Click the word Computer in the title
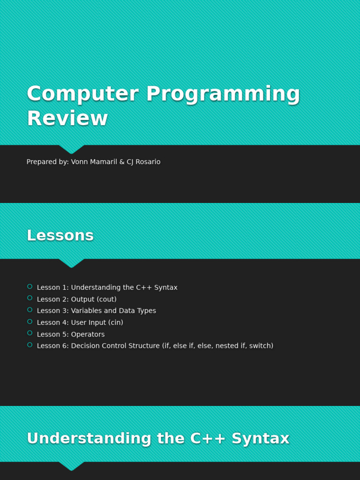[82, 94]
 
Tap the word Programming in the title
[223, 95]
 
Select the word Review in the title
[67, 119]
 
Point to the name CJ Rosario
[143, 162]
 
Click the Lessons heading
[60, 235]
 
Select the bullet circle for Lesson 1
[30, 286]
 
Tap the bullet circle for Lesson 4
[30, 322]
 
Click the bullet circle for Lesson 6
[30, 345]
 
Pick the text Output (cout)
[94, 299]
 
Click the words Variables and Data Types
[113, 311]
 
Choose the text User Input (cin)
[97, 322]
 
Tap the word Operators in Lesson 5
[88, 334]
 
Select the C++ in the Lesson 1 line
[142, 287]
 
